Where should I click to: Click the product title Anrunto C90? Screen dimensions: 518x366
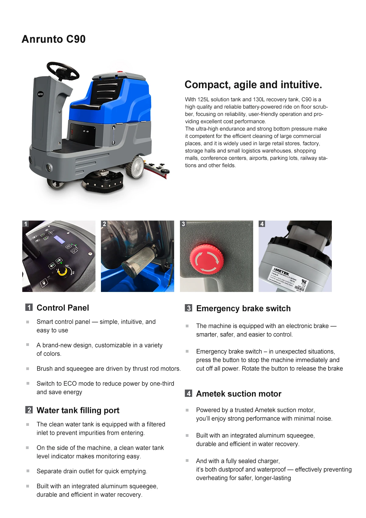pyautogui.click(x=54, y=39)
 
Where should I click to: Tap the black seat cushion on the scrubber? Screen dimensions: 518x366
pyautogui.click(x=85, y=106)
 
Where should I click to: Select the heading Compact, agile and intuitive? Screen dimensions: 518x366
pyautogui.click(x=253, y=85)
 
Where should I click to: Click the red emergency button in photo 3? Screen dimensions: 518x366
pyautogui.click(x=206, y=260)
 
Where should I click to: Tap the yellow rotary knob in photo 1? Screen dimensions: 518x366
pyautogui.click(x=62, y=272)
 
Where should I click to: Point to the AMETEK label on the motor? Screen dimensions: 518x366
pyautogui.click(x=282, y=271)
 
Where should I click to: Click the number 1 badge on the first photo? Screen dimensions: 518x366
pyautogui.click(x=26, y=224)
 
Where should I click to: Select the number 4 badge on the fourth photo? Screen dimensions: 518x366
pyautogui.click(x=262, y=224)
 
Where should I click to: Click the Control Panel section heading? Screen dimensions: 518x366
pyautogui.click(x=63, y=308)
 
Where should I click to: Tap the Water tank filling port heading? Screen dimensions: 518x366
pyautogui.click(x=78, y=410)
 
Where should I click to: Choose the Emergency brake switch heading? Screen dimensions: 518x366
pyautogui.click(x=243, y=308)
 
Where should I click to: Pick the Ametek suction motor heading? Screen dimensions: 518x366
pyautogui.click(x=239, y=394)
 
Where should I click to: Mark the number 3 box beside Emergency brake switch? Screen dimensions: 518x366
pyautogui.click(x=188, y=308)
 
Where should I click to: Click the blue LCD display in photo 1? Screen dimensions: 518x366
pyautogui.click(x=59, y=240)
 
